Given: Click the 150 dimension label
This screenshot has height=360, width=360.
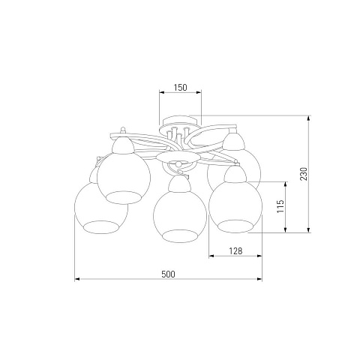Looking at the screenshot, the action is pyautogui.click(x=180, y=88).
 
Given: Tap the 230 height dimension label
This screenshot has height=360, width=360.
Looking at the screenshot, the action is pyautogui.click(x=304, y=174).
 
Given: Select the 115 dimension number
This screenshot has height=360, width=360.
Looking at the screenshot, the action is pyautogui.click(x=280, y=206).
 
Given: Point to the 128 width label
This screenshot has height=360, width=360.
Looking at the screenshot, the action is pyautogui.click(x=235, y=250).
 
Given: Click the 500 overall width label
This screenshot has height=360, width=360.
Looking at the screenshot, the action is pyautogui.click(x=168, y=274).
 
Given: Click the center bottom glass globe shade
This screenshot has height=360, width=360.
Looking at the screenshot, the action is pyautogui.click(x=180, y=216).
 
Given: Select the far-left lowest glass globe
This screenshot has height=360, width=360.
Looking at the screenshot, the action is pyautogui.click(x=101, y=208).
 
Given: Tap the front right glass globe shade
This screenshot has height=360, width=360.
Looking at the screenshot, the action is pyautogui.click(x=235, y=207).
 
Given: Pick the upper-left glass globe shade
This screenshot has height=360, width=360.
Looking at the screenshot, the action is pyautogui.click(x=124, y=177).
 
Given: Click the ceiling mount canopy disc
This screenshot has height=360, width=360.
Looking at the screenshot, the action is pyautogui.click(x=179, y=122).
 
